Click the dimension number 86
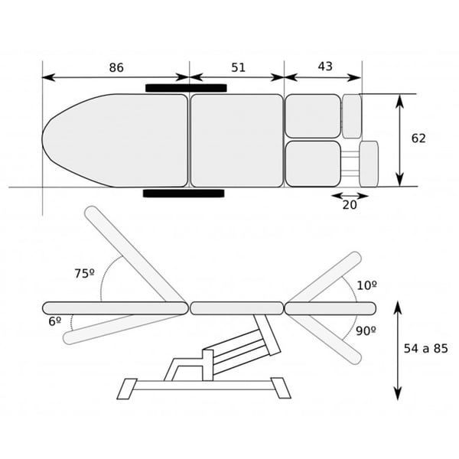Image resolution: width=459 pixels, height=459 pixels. pyautogui.click(x=116, y=67)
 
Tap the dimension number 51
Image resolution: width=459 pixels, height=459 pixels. pyautogui.click(x=238, y=67)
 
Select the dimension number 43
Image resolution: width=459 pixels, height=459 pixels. pyautogui.click(x=325, y=67)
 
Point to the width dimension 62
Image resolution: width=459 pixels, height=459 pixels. pyautogui.click(x=418, y=138)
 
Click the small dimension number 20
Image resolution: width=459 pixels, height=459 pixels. pyautogui.click(x=350, y=205)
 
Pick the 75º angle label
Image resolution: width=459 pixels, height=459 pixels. pyautogui.click(x=84, y=273)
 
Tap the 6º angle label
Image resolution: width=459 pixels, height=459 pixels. pyautogui.click(x=55, y=321)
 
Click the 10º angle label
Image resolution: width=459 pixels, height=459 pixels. pyautogui.click(x=366, y=285)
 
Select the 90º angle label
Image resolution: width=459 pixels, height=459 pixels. pyautogui.click(x=366, y=331)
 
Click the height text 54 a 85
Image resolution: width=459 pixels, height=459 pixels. pyautogui.click(x=425, y=349)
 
